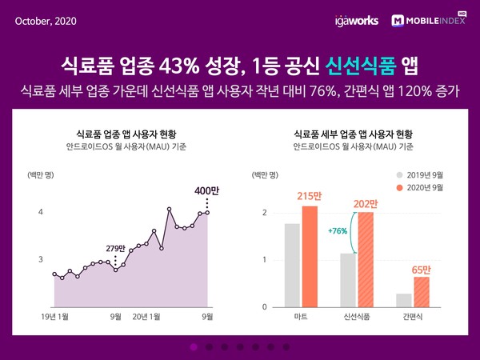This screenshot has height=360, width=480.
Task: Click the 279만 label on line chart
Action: tap(117, 247)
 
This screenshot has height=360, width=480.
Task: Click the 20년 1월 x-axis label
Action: tap(146, 316)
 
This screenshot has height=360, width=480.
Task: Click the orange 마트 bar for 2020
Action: tap(310, 256)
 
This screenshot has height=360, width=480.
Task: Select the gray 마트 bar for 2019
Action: tap(292, 265)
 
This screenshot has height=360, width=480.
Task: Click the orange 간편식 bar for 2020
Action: tap(422, 291)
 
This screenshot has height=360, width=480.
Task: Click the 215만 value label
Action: tap(310, 197)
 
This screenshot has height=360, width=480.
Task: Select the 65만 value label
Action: tap(422, 268)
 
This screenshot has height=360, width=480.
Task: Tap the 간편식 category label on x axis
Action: tap(413, 318)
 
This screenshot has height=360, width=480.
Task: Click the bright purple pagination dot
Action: tap(194, 346)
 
